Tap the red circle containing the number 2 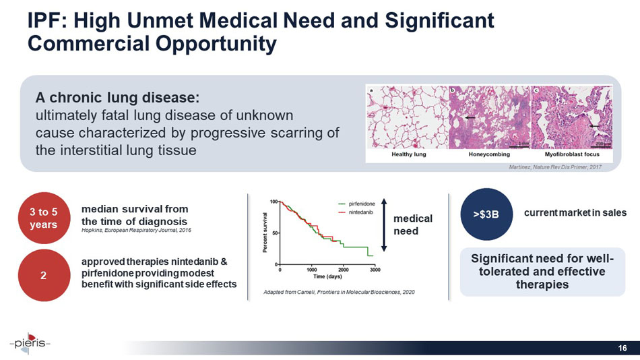click(43, 274)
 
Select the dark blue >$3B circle click(486, 214)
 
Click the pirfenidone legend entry click(360, 203)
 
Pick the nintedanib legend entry click(358, 212)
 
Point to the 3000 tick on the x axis click(375, 270)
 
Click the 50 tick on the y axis click(274, 233)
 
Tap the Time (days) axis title click(327, 277)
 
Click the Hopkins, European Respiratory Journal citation click(135, 230)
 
